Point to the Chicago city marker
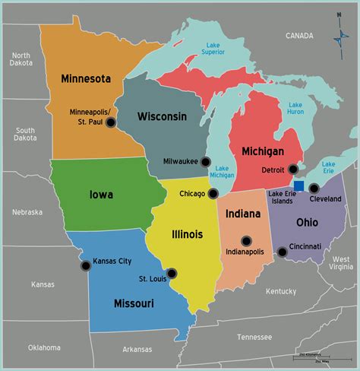point(213,193)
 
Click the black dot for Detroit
point(293,170)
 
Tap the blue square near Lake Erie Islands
point(299,185)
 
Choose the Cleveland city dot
point(314,188)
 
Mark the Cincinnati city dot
point(282,252)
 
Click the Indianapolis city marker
point(245,241)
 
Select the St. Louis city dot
point(172,273)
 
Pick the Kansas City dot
point(84,265)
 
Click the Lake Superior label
point(213,47)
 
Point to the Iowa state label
point(100,195)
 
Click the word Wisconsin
point(163,116)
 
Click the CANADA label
point(298,36)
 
